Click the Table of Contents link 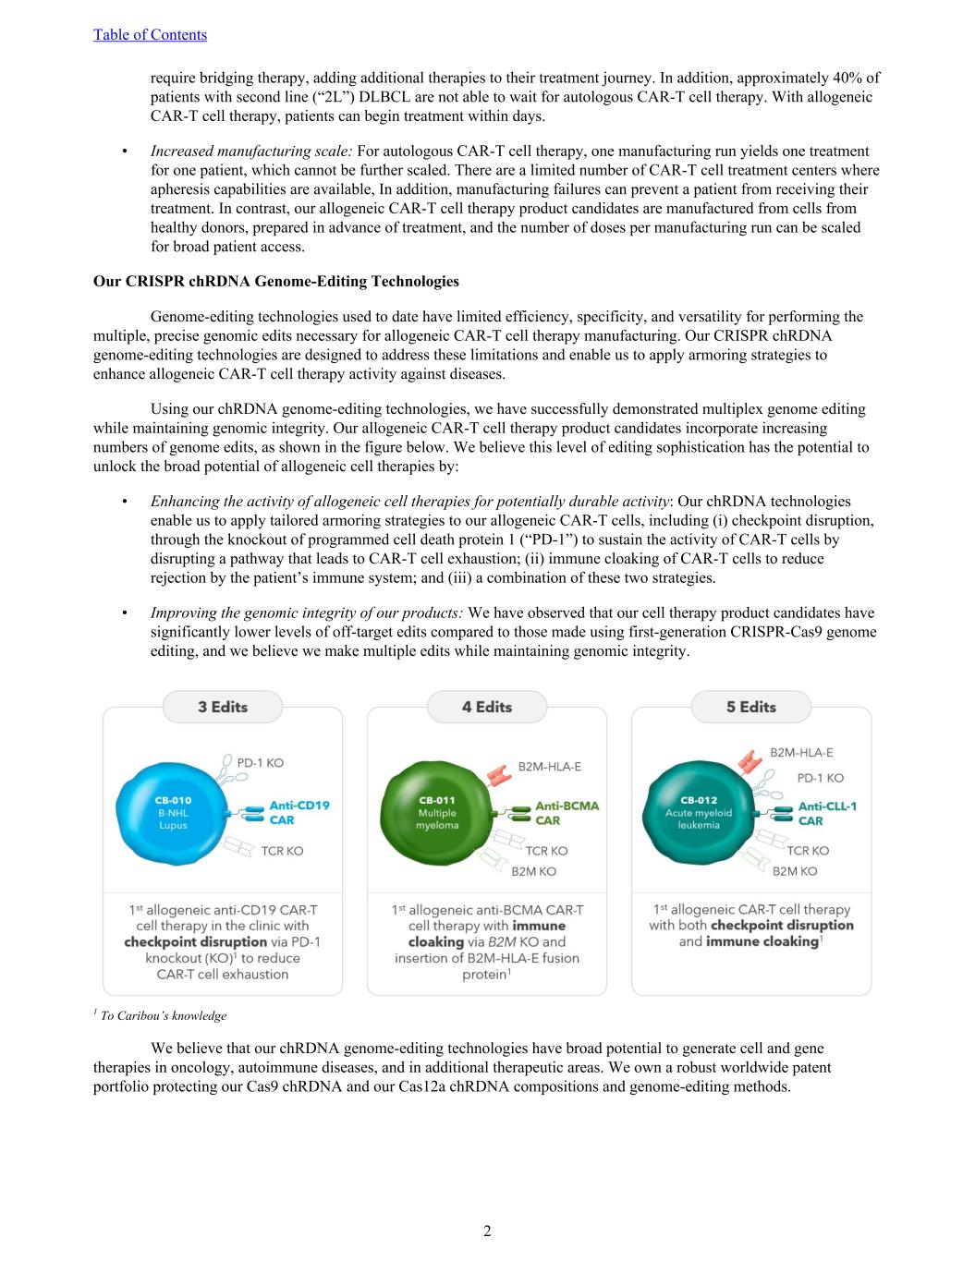pos(150,35)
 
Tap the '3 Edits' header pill pos(222,708)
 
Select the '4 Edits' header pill pos(486,708)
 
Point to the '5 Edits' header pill pos(750,708)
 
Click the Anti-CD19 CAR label pos(299,812)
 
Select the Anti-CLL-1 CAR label pos(827,812)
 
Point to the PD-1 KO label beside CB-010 pos(260,763)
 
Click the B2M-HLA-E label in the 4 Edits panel pos(549,766)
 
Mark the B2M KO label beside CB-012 pos(795,870)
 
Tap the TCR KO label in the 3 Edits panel pos(282,850)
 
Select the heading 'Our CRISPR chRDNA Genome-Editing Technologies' pos(275,281)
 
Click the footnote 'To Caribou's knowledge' pos(163,1015)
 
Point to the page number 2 pos(487,1231)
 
